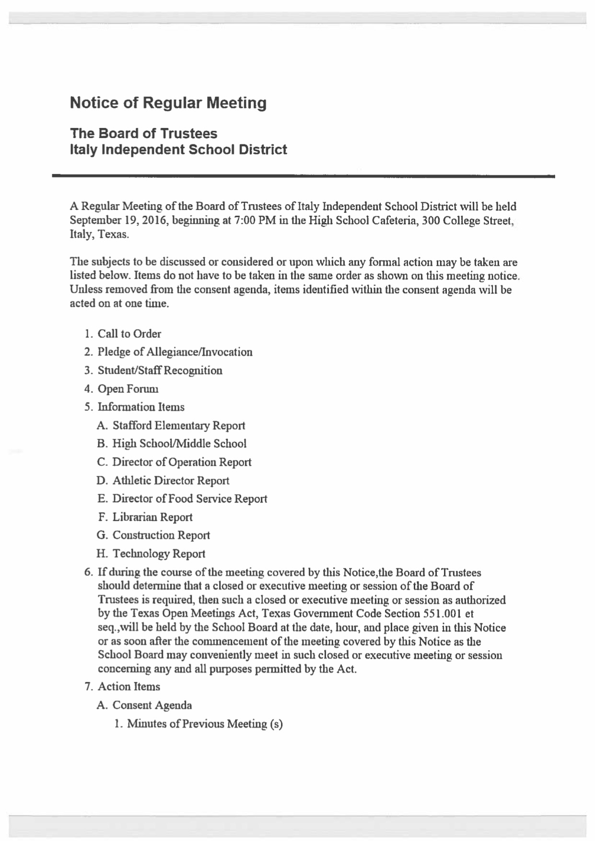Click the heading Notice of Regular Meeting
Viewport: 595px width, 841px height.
[x=168, y=103]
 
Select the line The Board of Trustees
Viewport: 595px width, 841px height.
[x=143, y=133]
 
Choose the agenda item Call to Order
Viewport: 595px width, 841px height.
[x=129, y=334]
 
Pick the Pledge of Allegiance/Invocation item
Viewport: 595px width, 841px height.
[x=175, y=352]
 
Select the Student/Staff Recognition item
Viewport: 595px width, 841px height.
[x=160, y=371]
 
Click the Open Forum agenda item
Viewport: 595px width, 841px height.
[x=128, y=389]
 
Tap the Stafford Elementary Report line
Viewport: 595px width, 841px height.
[x=178, y=426]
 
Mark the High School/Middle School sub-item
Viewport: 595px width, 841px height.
[x=179, y=444]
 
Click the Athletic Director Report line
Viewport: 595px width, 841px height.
[x=171, y=480]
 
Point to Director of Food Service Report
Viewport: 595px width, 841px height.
[x=189, y=499]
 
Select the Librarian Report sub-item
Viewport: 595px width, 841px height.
[x=152, y=517]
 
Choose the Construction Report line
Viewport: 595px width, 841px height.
[x=161, y=535]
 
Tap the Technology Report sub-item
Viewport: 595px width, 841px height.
[x=159, y=554]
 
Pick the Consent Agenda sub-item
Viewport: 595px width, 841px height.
[x=152, y=705]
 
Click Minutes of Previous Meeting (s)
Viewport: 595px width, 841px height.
[x=205, y=724]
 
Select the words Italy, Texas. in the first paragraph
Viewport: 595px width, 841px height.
[x=99, y=234]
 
